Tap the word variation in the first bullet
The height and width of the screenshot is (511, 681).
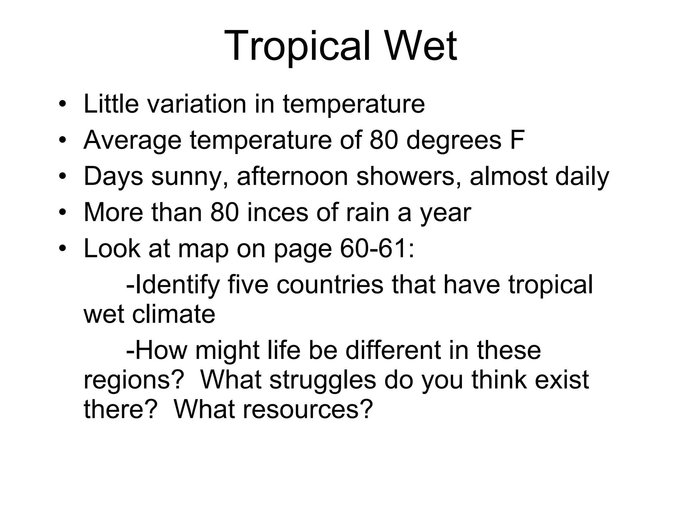(x=197, y=104)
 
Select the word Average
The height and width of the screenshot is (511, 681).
(x=132, y=140)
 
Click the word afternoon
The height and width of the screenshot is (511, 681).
(x=292, y=176)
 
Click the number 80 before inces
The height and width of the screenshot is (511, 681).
(x=224, y=213)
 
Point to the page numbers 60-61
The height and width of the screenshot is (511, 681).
(x=377, y=249)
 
